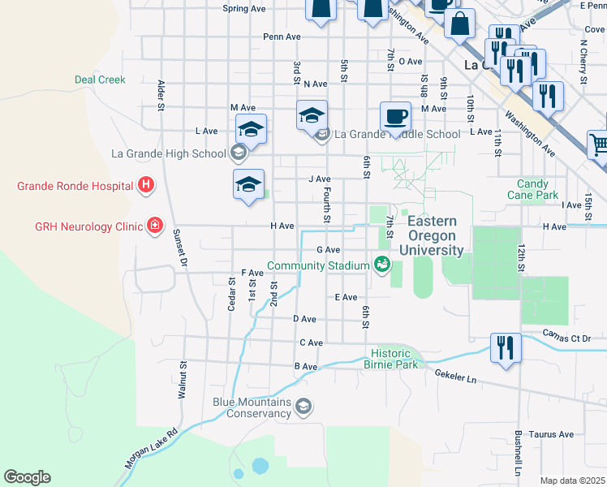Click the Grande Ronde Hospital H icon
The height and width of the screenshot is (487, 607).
145,186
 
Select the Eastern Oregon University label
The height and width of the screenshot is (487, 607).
436,236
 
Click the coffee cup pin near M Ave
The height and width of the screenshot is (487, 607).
395,116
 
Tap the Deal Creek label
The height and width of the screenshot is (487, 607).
100,80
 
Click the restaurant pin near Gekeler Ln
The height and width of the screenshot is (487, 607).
506,348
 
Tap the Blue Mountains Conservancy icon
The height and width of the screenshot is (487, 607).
303,406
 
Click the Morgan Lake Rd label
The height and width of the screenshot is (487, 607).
151,449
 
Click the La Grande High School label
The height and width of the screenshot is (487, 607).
169,153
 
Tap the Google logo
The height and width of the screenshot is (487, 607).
28,477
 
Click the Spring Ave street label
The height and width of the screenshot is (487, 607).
244,9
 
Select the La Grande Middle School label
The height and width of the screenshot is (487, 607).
397,134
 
